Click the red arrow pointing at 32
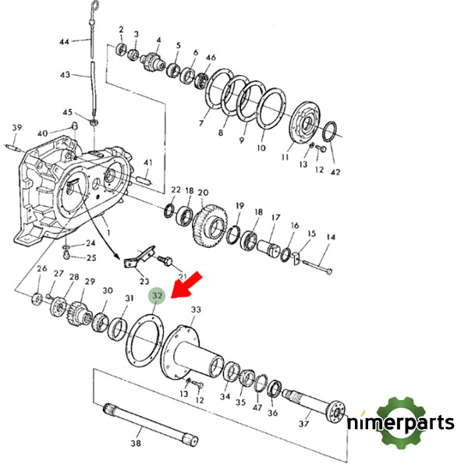point(187,285)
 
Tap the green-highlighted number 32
point(157,296)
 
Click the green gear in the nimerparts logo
point(401,423)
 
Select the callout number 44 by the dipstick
point(65,41)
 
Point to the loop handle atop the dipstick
point(94,5)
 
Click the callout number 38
point(136,443)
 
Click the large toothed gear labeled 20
point(210,226)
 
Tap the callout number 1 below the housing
point(108,232)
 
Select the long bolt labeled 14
point(317,267)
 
